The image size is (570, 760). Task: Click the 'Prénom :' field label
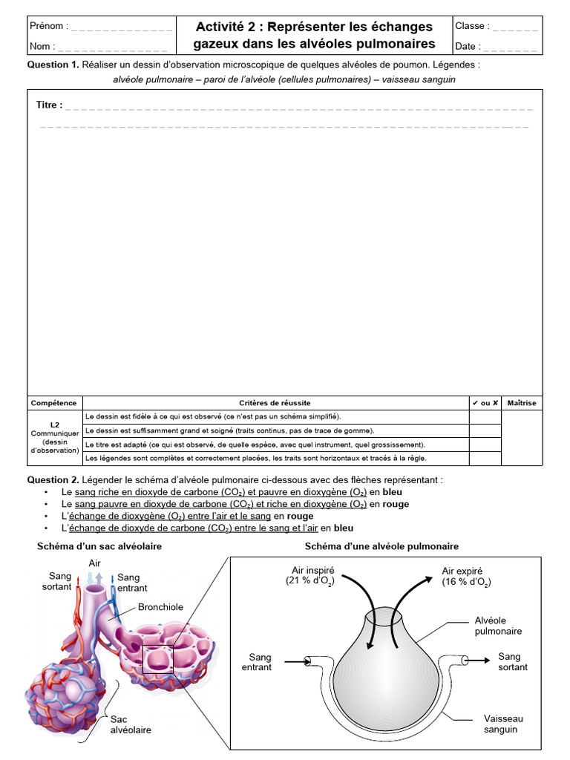(x=49, y=26)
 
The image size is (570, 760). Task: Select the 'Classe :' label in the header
(x=470, y=26)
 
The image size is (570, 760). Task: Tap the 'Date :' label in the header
(x=468, y=46)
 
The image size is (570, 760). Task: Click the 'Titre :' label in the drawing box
(x=50, y=105)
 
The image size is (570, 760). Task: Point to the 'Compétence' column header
(x=53, y=403)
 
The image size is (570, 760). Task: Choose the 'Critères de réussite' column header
(x=275, y=403)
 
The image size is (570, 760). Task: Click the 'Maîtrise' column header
(x=522, y=403)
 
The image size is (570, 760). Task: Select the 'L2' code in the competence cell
(x=54, y=425)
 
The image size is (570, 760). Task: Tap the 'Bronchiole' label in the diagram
(x=160, y=607)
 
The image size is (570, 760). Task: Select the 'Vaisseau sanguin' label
(x=503, y=724)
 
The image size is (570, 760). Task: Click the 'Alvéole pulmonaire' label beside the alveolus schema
(x=498, y=626)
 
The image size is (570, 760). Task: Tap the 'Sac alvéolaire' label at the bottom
(x=131, y=724)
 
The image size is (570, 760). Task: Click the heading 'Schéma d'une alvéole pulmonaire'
(x=382, y=546)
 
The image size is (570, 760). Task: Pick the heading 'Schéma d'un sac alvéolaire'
(x=99, y=546)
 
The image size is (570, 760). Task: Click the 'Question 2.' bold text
(x=53, y=479)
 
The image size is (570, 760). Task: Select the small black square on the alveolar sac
(x=157, y=659)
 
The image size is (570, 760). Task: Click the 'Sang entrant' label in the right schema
(x=257, y=661)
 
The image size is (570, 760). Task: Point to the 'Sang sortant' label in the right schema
(x=513, y=661)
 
